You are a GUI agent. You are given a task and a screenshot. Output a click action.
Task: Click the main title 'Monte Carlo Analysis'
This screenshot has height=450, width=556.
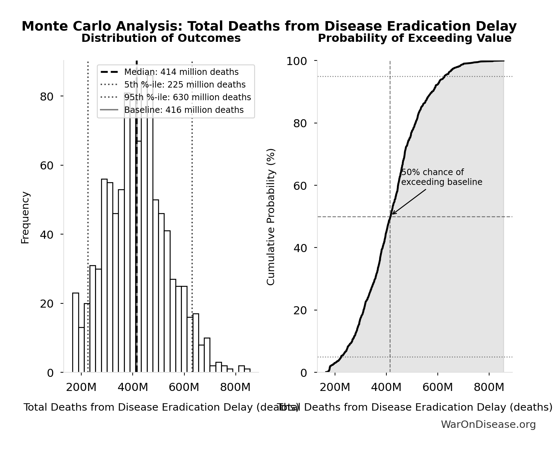click(x=269, y=26)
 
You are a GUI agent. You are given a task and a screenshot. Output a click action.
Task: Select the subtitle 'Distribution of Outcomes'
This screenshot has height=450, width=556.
click(x=161, y=38)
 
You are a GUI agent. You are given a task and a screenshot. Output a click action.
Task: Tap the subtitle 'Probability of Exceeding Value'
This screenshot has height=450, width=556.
click(x=414, y=38)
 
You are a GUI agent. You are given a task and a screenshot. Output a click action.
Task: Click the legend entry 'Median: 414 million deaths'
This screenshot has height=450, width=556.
click(x=181, y=72)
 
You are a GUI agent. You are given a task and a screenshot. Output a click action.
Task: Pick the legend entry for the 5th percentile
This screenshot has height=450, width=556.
click(x=184, y=85)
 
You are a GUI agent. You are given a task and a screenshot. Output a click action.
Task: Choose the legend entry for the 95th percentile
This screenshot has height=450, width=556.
click(x=187, y=97)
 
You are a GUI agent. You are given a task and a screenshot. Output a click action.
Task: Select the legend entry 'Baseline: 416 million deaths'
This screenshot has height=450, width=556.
click(x=183, y=110)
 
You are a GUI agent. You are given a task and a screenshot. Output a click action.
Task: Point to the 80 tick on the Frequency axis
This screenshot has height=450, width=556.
click(x=46, y=97)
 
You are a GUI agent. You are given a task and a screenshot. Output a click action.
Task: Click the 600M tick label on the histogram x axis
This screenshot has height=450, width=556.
click(x=184, y=387)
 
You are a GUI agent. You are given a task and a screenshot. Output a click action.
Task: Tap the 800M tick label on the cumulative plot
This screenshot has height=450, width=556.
click(x=489, y=387)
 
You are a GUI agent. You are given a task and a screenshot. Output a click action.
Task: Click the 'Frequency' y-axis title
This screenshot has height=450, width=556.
click(x=25, y=217)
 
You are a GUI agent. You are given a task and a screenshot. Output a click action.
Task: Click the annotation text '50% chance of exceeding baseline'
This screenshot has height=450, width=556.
click(x=441, y=177)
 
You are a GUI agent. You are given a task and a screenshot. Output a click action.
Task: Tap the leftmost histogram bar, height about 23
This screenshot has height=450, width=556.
click(x=76, y=333)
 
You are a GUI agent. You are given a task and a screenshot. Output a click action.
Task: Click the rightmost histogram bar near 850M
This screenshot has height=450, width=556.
click(x=247, y=371)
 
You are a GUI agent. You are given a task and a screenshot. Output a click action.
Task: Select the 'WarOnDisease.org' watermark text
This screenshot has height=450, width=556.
click(x=488, y=424)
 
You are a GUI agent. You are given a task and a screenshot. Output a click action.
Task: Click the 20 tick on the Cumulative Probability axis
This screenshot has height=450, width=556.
click(x=300, y=310)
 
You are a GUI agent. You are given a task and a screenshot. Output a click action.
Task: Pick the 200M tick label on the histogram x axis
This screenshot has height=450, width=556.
click(x=81, y=387)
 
